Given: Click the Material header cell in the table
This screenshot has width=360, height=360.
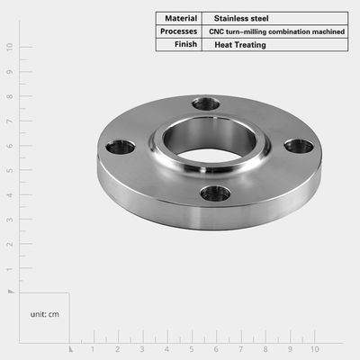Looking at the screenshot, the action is point(181,18).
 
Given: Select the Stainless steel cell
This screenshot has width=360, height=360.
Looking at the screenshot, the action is point(241,18).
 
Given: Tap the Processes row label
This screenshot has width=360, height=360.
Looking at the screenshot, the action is point(178,31).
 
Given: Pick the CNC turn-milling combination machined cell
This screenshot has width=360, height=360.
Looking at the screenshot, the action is point(276,31).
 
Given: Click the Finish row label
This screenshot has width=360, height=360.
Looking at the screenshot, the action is point(185,44).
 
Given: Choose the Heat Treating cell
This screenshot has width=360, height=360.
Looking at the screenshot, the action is point(240,45).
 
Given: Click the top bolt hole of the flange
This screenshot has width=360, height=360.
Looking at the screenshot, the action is point(206,103).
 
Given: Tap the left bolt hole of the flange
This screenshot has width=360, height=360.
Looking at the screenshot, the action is point(121,148).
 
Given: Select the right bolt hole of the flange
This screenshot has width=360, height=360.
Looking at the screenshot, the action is point(299,147).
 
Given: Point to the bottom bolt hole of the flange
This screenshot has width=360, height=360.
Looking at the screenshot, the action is point(215,193).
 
